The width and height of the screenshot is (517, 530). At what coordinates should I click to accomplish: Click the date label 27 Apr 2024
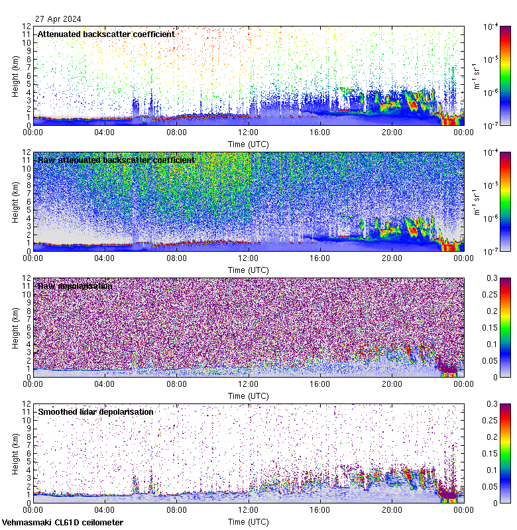(x=58, y=19)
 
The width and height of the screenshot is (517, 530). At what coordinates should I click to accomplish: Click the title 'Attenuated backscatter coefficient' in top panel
(x=106, y=34)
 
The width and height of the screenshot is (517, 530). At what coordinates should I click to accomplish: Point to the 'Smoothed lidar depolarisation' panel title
(x=95, y=411)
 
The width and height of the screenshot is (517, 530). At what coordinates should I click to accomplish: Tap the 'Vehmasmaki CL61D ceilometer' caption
(x=62, y=523)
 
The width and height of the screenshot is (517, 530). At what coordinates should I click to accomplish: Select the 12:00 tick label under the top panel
(x=249, y=132)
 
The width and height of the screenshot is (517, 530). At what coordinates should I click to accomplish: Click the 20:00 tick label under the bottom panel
(x=392, y=510)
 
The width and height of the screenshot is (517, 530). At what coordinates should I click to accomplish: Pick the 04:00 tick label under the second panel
(x=105, y=258)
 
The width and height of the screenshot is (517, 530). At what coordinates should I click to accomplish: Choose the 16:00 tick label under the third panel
(x=320, y=384)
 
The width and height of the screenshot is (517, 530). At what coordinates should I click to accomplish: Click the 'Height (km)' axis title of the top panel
(x=15, y=76)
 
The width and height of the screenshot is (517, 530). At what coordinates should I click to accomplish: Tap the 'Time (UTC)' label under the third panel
(x=249, y=396)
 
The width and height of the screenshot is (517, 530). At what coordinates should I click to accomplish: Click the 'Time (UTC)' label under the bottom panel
(x=249, y=521)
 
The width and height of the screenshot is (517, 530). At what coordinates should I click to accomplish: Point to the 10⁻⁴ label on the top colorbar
(x=491, y=26)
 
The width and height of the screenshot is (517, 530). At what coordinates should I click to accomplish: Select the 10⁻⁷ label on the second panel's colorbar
(x=491, y=251)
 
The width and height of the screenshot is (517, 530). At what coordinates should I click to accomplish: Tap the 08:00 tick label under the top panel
(x=176, y=132)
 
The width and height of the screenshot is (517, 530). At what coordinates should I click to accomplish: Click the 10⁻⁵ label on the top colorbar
(x=491, y=60)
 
